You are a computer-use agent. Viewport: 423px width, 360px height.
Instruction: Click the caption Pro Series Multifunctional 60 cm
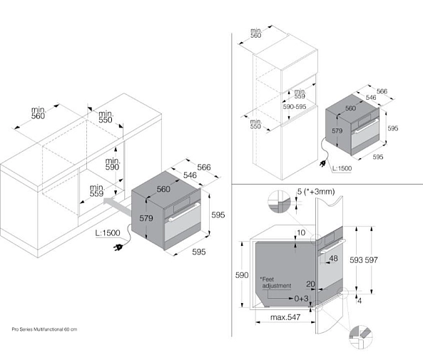(x=44, y=329)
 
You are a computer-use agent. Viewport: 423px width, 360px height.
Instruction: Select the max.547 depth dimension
(x=285, y=317)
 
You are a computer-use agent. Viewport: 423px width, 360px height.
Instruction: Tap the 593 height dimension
(x=357, y=260)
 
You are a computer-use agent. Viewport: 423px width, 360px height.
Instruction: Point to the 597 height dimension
(x=372, y=260)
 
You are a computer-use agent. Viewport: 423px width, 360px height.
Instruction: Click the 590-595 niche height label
(x=295, y=107)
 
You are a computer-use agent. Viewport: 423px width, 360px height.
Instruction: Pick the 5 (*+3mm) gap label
(x=316, y=192)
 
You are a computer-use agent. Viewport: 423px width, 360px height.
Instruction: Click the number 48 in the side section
(x=333, y=258)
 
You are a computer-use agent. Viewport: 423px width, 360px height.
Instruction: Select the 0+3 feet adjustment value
(x=301, y=299)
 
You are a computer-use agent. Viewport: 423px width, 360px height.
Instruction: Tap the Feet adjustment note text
(x=276, y=282)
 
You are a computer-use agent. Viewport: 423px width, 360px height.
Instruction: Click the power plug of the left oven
(x=118, y=247)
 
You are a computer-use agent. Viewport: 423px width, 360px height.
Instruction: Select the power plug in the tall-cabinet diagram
(x=322, y=164)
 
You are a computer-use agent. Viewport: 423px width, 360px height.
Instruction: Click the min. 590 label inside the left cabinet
(x=113, y=164)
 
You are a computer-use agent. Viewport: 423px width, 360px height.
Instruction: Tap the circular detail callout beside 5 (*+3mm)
(x=279, y=202)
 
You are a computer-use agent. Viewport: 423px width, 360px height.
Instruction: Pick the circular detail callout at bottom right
(x=361, y=337)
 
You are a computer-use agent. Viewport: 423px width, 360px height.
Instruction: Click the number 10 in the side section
(x=301, y=232)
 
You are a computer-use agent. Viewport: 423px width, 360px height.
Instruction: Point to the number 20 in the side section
(x=310, y=284)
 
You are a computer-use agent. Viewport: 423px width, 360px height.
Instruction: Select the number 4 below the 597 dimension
(x=360, y=300)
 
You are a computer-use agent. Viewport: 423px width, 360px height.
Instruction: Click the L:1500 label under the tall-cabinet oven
(x=342, y=168)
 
